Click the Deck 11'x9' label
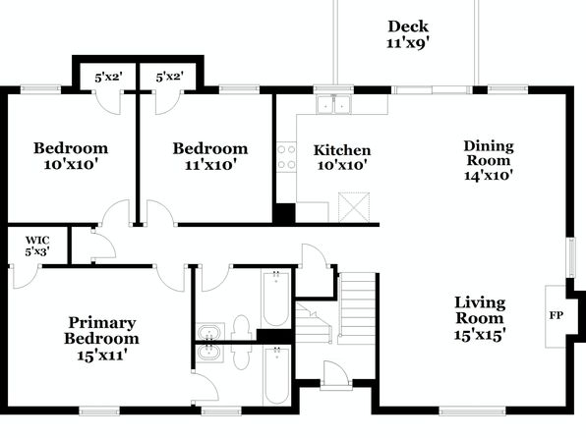point(407,34)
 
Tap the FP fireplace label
point(556,315)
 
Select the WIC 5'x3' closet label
point(37,246)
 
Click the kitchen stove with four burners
point(286,157)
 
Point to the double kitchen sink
point(333,104)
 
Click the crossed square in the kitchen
point(354,207)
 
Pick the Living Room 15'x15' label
point(480,318)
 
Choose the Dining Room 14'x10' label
point(489,160)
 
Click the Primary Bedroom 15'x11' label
point(101,338)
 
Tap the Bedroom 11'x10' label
point(210,156)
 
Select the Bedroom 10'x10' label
point(71,156)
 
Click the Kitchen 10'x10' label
point(342,157)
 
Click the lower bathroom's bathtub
point(276,375)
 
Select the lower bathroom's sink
point(210,353)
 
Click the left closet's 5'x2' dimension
point(108,78)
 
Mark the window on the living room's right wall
point(572,257)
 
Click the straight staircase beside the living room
point(357,308)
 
